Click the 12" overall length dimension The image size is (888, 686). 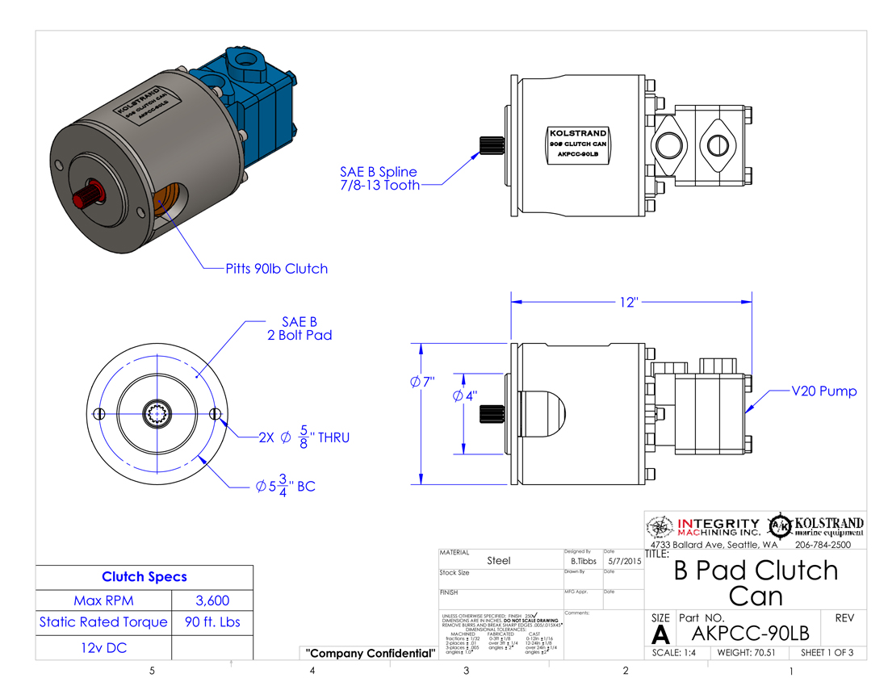coord(630,302)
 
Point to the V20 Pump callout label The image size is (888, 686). coord(823,391)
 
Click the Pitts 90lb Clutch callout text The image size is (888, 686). coord(276,269)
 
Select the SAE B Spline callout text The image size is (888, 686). coord(379,178)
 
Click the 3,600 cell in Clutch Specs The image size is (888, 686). coord(213,600)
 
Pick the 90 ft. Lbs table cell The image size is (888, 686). coord(213,622)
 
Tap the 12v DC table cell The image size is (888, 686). coord(104,647)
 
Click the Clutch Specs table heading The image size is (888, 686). coord(145,577)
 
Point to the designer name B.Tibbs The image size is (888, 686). coord(584,560)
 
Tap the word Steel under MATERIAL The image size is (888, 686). coord(499,560)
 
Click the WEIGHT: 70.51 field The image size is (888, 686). coord(748,652)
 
